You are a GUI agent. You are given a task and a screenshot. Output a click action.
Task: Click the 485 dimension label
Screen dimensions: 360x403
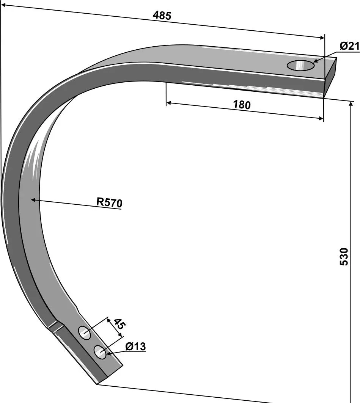(162, 16)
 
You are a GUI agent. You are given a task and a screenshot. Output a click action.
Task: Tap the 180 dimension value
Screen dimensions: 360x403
(242, 105)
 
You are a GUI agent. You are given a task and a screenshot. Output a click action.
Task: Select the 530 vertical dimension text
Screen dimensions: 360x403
(344, 257)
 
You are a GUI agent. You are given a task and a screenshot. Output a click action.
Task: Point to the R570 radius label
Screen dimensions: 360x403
(109, 203)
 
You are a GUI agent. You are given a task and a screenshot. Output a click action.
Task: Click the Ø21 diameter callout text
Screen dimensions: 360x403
(349, 46)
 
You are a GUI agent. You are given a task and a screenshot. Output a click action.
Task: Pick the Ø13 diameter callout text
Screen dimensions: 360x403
(135, 347)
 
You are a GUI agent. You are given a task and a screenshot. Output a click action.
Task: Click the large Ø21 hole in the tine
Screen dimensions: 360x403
(300, 65)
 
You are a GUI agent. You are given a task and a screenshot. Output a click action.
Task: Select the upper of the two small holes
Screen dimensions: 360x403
(84, 332)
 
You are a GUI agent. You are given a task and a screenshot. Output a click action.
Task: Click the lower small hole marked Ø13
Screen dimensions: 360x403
(100, 352)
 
